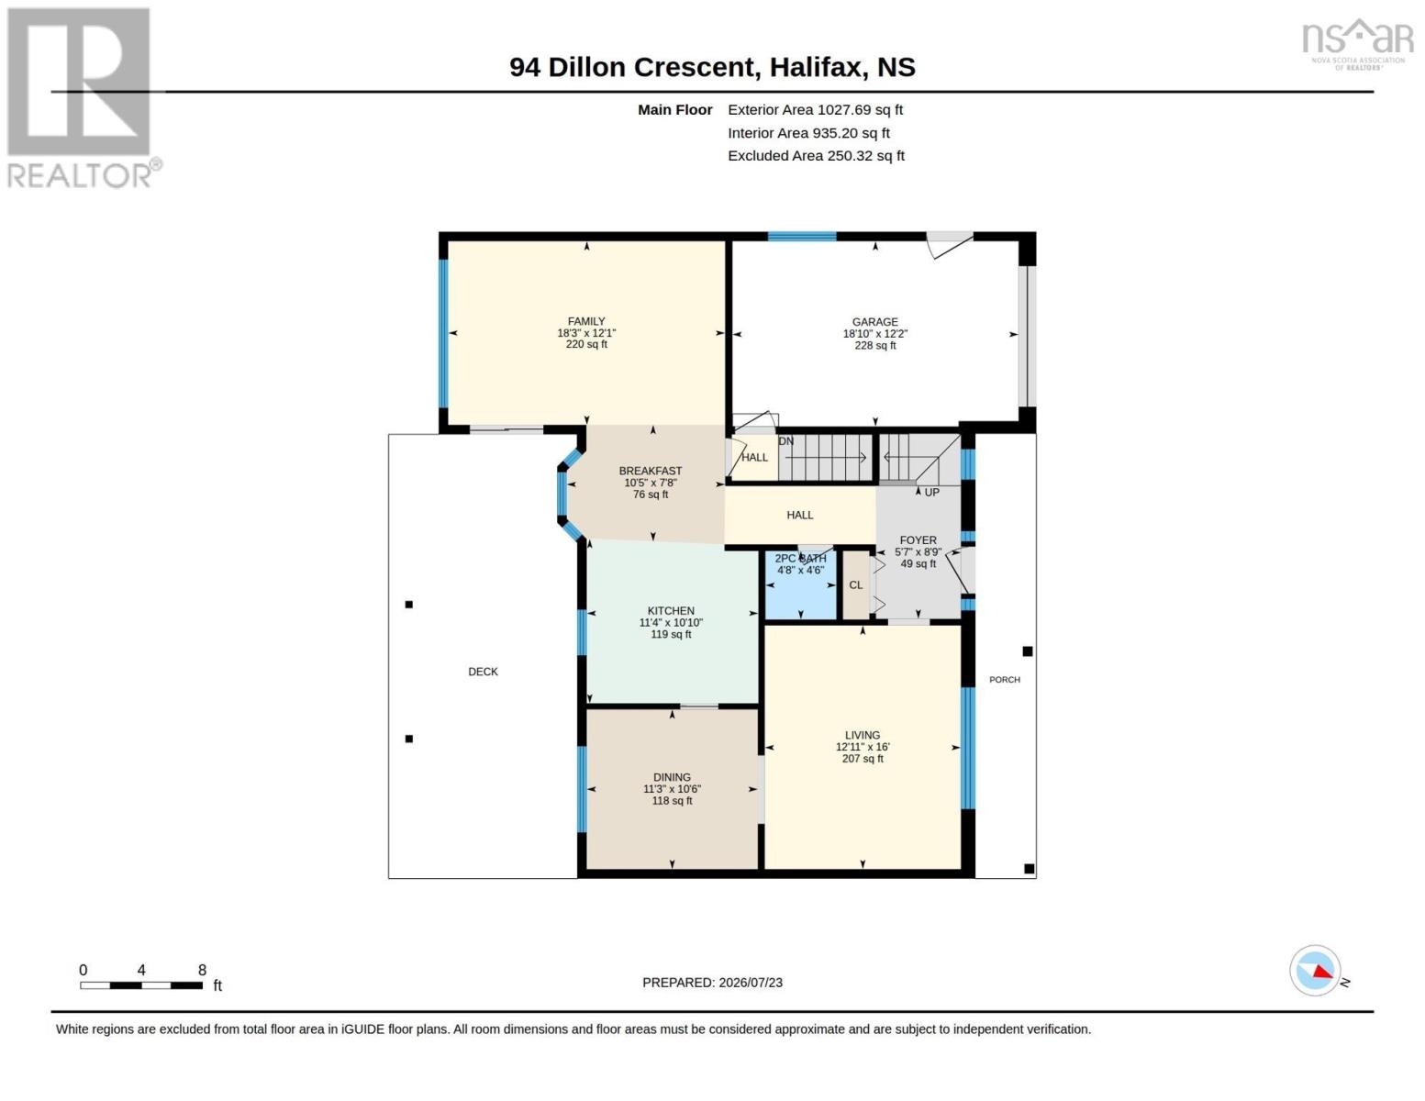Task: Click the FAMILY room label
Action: coord(586,321)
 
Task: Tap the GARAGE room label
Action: coord(874,322)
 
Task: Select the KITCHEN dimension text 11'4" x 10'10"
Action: coord(671,622)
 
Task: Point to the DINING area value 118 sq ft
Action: coord(672,801)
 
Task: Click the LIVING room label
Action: coord(863,735)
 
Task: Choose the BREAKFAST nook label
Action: coord(651,471)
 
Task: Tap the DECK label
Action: coord(484,672)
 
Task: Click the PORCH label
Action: coord(1005,680)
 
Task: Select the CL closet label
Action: coord(856,585)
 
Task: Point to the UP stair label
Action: coord(932,493)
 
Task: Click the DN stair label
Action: coord(786,441)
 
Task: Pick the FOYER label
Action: coord(918,539)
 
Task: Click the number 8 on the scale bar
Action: coord(203,970)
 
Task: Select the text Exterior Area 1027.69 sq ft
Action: coord(815,109)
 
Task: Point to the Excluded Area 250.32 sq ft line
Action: coord(816,155)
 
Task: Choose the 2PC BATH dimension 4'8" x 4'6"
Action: coord(800,571)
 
